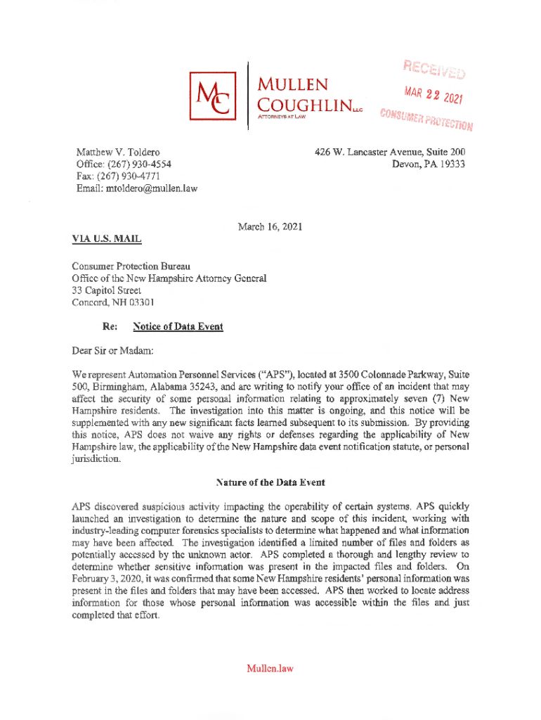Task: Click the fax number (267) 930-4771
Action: [141, 176]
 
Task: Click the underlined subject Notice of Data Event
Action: [173, 327]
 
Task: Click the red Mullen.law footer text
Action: [270, 668]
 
